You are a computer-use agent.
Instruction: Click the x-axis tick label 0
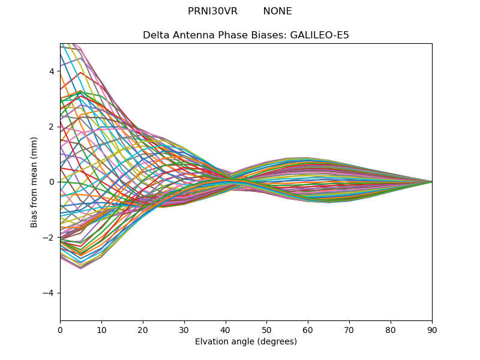(x=60, y=329)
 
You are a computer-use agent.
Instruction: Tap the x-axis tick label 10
(x=101, y=329)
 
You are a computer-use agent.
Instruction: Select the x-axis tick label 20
(x=143, y=329)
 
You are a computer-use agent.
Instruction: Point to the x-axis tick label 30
(x=184, y=329)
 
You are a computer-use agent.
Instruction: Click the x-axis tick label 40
(x=226, y=329)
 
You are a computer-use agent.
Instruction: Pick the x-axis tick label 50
(x=266, y=329)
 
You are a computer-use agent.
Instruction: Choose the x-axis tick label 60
(x=308, y=329)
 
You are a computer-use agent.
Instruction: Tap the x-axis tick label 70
(x=349, y=329)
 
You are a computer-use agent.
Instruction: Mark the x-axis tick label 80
(x=391, y=329)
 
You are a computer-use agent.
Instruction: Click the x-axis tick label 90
(x=432, y=329)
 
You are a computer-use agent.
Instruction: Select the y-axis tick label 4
(x=52, y=71)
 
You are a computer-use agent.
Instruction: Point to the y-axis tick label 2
(x=52, y=127)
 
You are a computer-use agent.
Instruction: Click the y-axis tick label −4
(x=49, y=293)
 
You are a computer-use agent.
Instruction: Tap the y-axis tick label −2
(x=49, y=238)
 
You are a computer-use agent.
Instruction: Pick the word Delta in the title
(x=155, y=35)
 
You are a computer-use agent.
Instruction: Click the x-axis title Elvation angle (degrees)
(x=246, y=341)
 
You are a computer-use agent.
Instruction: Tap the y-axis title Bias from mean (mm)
(x=35, y=182)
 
